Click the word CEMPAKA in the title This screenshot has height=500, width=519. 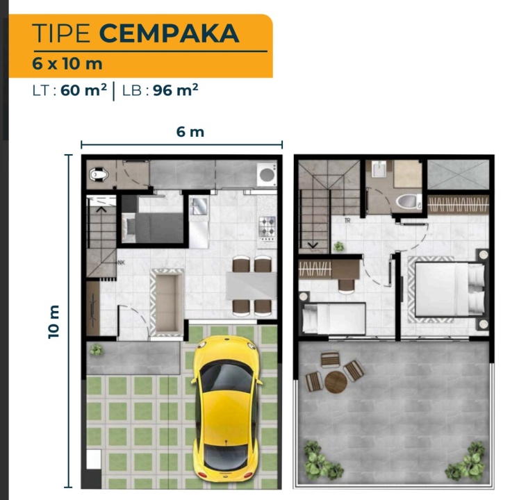[x=169, y=33]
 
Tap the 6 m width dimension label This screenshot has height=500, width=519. [x=190, y=132]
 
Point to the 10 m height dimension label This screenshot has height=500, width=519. [x=53, y=322]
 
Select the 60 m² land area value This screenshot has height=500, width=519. [x=84, y=90]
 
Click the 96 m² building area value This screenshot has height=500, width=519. [x=175, y=90]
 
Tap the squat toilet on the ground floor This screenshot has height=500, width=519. [x=99, y=174]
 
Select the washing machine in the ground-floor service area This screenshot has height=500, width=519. [x=267, y=174]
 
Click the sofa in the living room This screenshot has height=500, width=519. [x=167, y=303]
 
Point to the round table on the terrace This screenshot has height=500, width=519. [x=336, y=382]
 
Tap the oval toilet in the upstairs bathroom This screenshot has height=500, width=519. [x=408, y=201]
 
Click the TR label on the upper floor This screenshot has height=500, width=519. [x=347, y=221]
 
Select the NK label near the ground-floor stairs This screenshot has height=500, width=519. [x=121, y=262]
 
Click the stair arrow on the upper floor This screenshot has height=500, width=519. [x=313, y=245]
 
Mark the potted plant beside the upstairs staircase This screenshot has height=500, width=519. [x=338, y=247]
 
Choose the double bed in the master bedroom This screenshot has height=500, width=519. [x=450, y=289]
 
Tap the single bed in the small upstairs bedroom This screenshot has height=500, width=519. [x=334, y=318]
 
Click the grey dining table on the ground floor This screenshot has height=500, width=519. [x=252, y=285]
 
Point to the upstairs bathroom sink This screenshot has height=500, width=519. [x=379, y=169]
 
